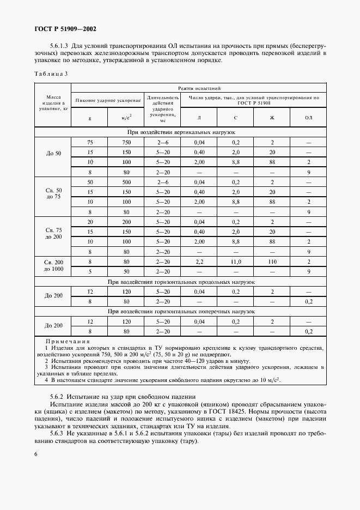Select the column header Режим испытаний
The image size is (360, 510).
pos(199,87)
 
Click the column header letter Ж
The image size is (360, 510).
pos(272,118)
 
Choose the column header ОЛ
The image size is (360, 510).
pos(308,118)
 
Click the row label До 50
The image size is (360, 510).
pos(53,153)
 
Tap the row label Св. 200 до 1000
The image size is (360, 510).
pos(53,266)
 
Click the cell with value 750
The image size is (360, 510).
pos(126,142)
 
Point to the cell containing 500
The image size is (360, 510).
pos(126,181)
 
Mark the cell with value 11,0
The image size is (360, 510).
pos(235,261)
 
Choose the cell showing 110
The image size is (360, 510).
pos(272,261)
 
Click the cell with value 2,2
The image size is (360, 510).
pos(199,261)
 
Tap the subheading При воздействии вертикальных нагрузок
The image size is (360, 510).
pos(180,132)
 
